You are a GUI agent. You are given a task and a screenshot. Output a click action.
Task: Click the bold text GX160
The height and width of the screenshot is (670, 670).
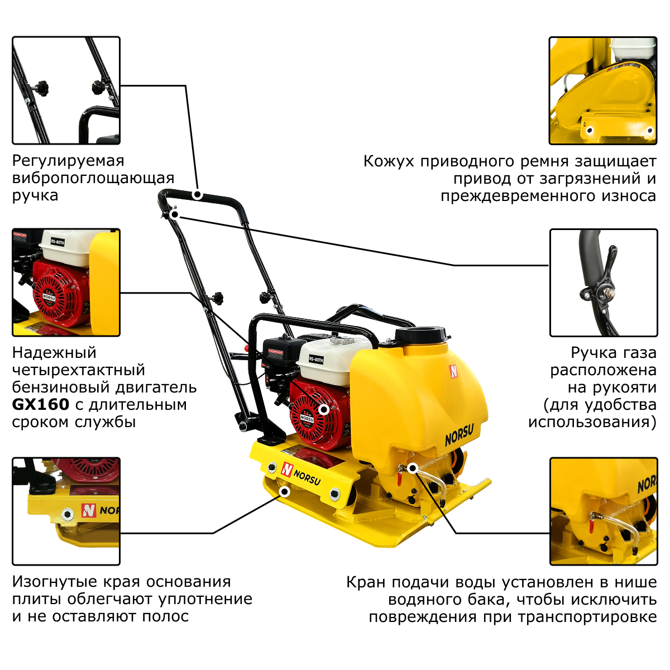coord(41,404)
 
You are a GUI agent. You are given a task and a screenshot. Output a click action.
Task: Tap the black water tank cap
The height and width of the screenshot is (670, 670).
coord(420,334)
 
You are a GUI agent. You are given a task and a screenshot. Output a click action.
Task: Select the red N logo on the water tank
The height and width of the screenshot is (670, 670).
coord(453,371)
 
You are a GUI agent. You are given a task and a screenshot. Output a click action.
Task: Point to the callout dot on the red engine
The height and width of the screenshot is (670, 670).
coord(324,410)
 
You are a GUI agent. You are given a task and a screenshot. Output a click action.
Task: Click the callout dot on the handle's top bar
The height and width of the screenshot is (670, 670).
coord(198,195)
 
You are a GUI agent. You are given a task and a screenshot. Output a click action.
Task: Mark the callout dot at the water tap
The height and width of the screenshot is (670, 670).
coord(413,468)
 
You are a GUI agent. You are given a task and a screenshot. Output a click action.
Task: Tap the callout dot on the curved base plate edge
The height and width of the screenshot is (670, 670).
coord(285,492)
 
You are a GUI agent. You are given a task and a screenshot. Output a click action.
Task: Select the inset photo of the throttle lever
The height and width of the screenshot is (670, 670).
coord(604,283)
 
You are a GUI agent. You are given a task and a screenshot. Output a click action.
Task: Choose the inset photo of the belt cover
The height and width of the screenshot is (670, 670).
coord(603,90)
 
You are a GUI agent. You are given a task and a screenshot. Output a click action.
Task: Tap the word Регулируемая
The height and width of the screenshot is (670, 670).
coord(68,161)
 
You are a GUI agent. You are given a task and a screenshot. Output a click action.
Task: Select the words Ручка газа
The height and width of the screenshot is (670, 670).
coord(614,353)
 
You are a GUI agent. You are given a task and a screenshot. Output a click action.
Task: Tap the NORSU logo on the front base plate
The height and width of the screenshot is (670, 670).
coord(301,473)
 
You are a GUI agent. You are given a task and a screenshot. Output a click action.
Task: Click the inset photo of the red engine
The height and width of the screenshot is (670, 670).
coord(66,283)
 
